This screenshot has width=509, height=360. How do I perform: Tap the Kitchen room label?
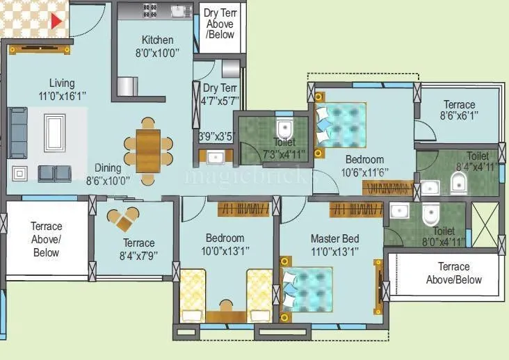(x=157, y=40)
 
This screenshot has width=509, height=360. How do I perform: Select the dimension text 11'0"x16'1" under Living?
(x=62, y=95)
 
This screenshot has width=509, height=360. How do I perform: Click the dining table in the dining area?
(x=148, y=150)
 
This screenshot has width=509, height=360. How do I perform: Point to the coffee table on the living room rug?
(x=54, y=132)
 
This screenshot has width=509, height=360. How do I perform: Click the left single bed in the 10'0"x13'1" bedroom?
(x=193, y=295)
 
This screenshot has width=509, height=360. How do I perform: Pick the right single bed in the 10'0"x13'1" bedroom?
(x=259, y=295)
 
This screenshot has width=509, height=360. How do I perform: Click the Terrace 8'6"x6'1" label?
(x=460, y=111)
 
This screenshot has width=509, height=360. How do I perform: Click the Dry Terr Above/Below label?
(x=220, y=24)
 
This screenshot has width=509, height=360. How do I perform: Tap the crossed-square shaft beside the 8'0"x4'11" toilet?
(x=485, y=224)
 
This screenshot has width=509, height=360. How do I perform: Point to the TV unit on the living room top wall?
(x=40, y=49)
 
